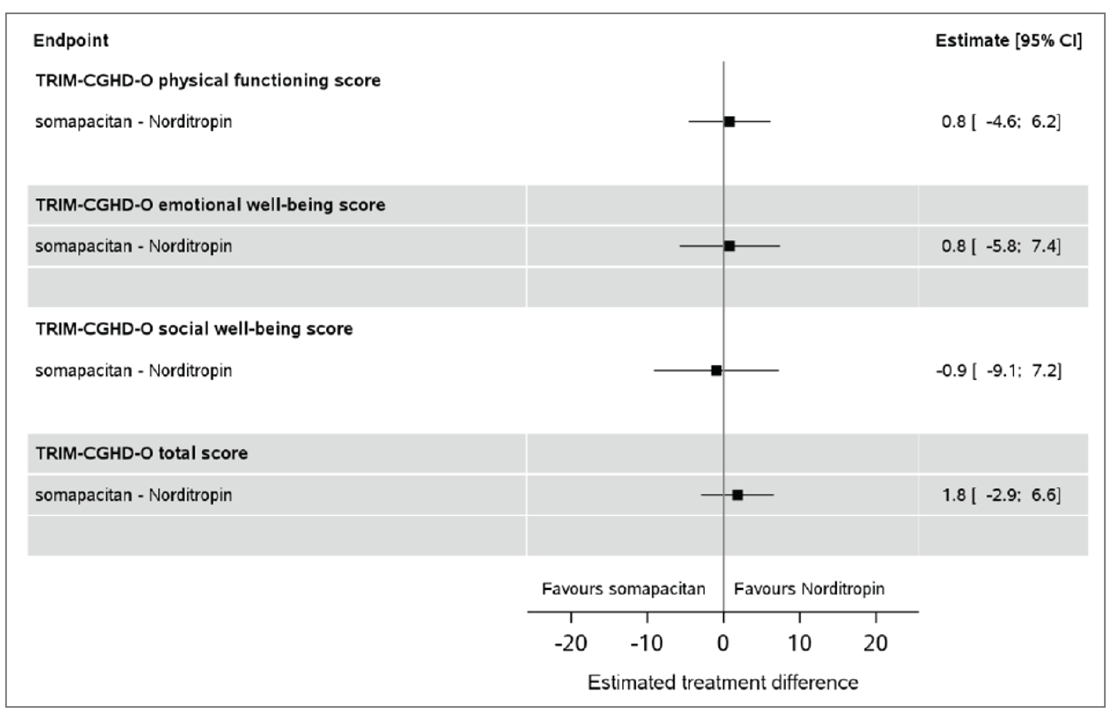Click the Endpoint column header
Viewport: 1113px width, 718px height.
coord(71,41)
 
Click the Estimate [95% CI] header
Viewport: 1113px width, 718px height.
coord(1008,41)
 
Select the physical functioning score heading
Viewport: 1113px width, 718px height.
coord(208,81)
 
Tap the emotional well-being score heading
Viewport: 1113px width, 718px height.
coord(210,205)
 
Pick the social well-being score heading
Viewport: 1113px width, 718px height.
coord(194,329)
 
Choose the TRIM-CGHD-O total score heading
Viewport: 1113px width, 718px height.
coord(142,453)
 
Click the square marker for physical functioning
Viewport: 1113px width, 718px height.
coord(729,122)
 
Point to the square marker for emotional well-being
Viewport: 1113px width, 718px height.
coord(729,246)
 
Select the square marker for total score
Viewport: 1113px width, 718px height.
coord(737,495)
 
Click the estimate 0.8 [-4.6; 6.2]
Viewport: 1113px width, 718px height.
coord(1001,122)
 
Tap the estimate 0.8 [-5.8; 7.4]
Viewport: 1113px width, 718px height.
coord(1001,246)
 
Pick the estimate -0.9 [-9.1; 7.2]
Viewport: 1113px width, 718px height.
coord(999,371)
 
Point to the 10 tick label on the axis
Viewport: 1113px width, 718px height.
coord(799,644)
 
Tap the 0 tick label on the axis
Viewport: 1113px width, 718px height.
coord(723,644)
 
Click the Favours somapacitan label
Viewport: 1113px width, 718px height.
coord(623,589)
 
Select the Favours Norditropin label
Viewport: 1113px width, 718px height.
coord(809,589)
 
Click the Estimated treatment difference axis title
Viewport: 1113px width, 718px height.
coord(723,683)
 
